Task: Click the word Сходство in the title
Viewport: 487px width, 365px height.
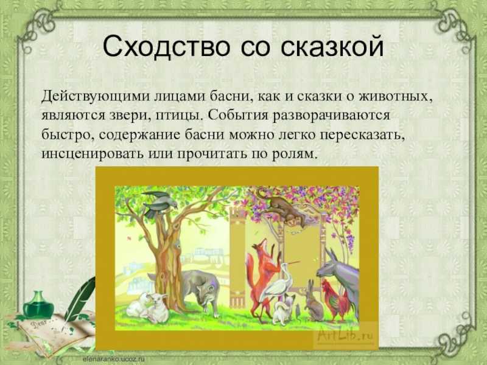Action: pyautogui.click(x=166, y=47)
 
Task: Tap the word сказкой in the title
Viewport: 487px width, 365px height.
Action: pyautogui.click(x=332, y=47)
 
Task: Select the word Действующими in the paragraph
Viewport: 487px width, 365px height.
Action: pyautogui.click(x=96, y=97)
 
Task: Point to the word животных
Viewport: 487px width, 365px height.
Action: pyautogui.click(x=396, y=96)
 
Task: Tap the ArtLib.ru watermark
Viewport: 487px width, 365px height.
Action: pyautogui.click(x=345, y=335)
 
